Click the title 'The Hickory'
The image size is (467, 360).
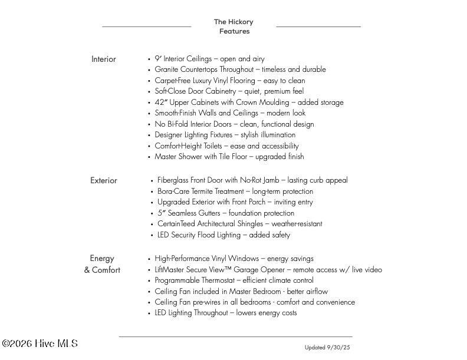[233, 22]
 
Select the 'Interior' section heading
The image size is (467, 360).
[104, 59]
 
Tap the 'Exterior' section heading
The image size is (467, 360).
[104, 180]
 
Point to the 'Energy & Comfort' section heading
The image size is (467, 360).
[102, 264]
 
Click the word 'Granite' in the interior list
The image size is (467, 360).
[167, 70]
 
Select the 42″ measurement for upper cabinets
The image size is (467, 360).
[161, 102]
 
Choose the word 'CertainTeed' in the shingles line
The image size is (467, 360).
[176, 224]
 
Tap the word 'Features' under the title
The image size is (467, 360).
[234, 32]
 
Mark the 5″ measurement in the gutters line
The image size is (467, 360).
[162, 213]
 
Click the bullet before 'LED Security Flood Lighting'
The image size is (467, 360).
[152, 236]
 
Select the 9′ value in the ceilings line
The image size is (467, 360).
[158, 59]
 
